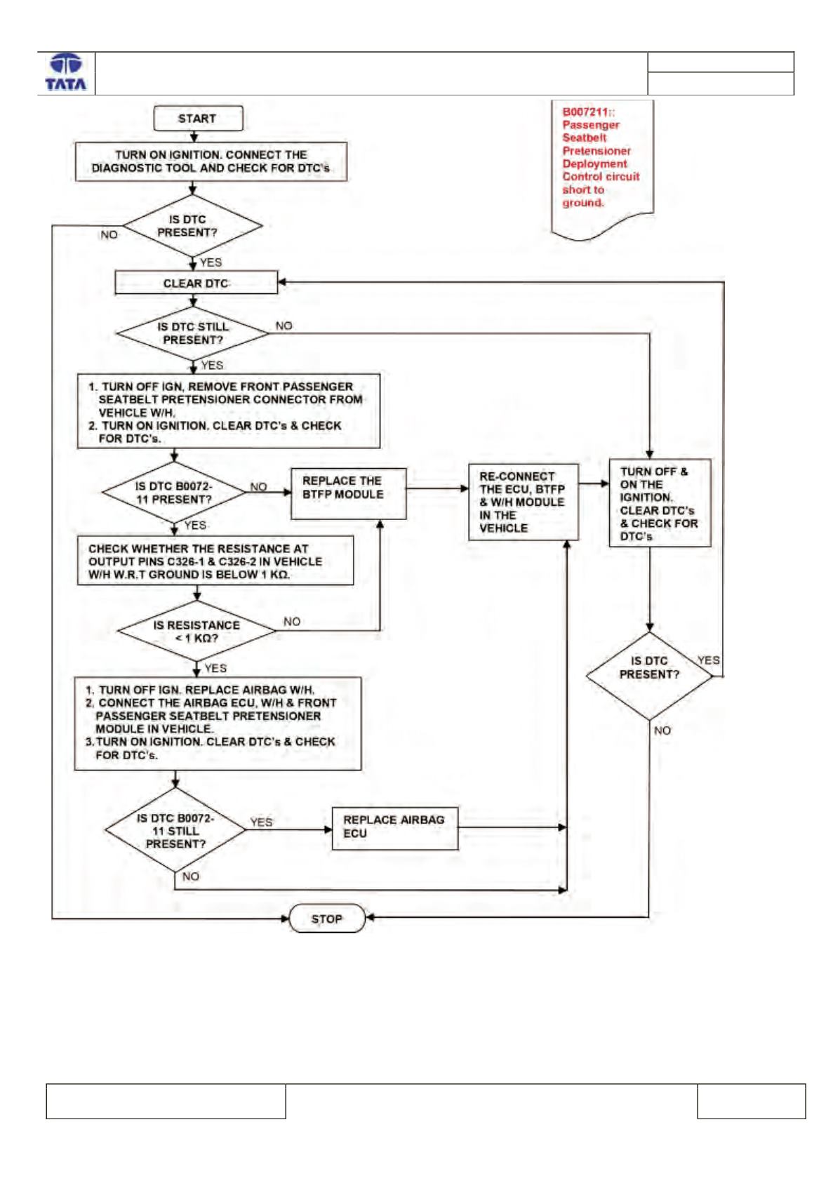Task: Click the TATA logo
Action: (x=66, y=72)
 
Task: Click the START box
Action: (x=198, y=119)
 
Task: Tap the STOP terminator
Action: (x=327, y=918)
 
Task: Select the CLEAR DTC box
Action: (x=196, y=283)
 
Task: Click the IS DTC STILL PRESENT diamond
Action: (x=192, y=333)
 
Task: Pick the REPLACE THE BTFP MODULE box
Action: (x=348, y=493)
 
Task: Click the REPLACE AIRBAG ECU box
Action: (x=395, y=828)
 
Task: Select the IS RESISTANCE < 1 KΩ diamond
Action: (x=196, y=631)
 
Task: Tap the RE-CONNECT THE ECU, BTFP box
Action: (x=524, y=502)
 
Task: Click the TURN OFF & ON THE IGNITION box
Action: (x=660, y=503)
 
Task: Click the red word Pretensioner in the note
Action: (x=596, y=151)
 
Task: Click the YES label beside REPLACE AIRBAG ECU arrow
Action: (x=261, y=822)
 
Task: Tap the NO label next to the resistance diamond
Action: (x=292, y=621)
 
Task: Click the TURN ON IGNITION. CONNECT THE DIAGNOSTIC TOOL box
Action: (x=211, y=162)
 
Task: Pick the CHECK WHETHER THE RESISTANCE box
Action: (x=215, y=561)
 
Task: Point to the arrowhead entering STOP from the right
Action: (x=370, y=917)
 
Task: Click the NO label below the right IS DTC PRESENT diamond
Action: (x=662, y=730)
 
